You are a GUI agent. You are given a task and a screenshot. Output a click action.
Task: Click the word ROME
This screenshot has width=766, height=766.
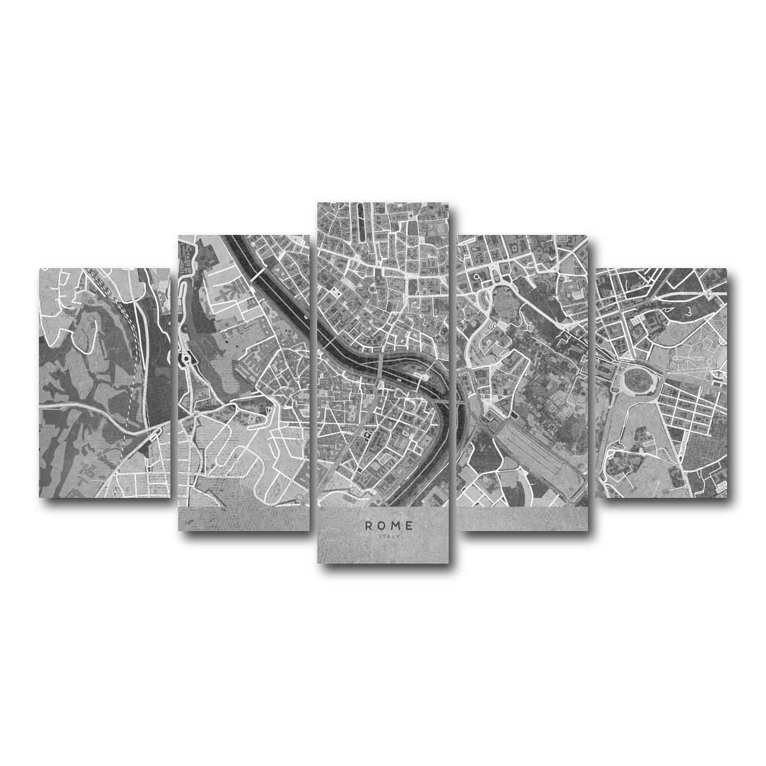click(389, 525)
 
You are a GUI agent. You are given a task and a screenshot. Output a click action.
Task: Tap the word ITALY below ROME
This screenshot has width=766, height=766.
click(389, 536)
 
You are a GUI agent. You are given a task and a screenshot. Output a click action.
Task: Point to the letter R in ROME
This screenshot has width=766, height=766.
click(369, 525)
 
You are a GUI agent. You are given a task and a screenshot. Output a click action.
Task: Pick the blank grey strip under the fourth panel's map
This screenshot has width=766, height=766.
click(523, 519)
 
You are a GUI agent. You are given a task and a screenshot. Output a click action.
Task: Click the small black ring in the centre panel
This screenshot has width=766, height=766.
click(367, 435)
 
